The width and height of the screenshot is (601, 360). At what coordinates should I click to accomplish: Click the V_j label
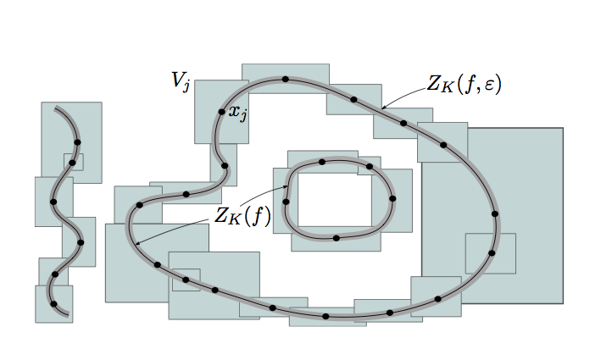pos(181,81)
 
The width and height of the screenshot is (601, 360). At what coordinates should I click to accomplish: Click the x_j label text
pos(237,113)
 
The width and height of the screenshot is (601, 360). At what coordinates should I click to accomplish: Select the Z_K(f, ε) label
pos(465,84)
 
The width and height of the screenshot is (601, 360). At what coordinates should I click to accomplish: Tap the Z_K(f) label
pos(242,216)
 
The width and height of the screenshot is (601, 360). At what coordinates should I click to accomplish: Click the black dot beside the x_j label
pos(221,112)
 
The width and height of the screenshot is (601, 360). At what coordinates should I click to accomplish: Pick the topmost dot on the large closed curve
pos(285,80)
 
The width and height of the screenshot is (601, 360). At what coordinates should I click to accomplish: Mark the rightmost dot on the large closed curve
pos(495,213)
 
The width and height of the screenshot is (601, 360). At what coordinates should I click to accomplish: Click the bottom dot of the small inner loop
pos(337,238)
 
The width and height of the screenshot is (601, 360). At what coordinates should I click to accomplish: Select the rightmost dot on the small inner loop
pos(392,198)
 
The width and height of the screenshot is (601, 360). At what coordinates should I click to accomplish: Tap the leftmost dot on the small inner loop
pos(286,202)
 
